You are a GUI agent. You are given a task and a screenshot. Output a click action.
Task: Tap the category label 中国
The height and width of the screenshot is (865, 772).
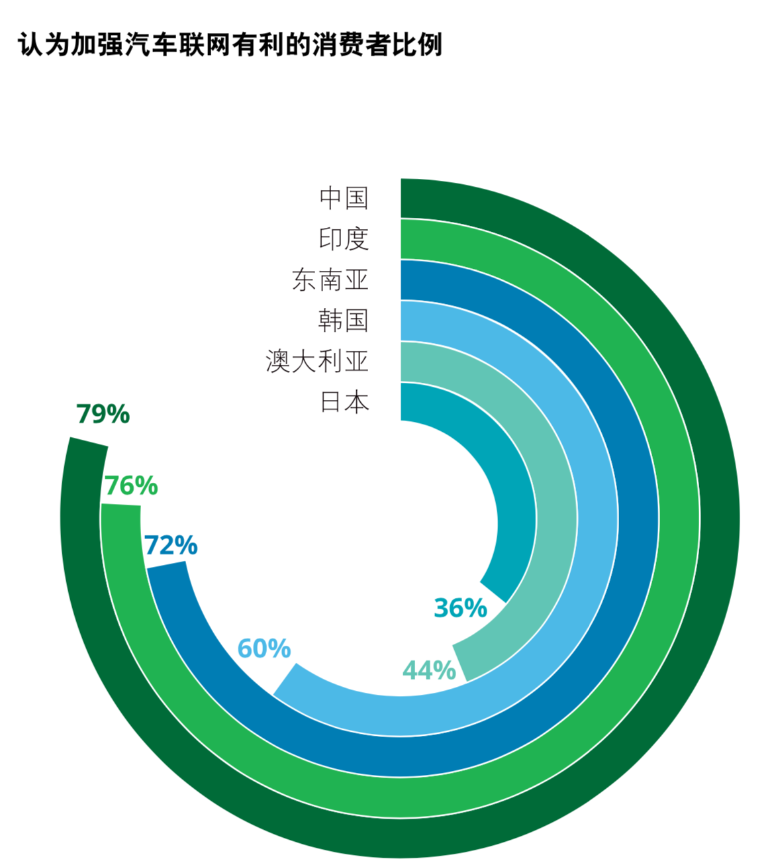[344, 198]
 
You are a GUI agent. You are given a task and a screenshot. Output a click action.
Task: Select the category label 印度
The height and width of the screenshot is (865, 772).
[344, 239]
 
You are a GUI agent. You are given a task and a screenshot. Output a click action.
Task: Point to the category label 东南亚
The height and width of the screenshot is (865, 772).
[330, 280]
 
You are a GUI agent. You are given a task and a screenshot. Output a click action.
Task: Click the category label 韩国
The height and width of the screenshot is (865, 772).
[344, 321]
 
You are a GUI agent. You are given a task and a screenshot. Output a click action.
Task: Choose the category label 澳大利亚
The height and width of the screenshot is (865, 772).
[316, 362]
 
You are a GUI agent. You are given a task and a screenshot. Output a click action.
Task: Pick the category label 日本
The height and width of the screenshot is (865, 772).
[344, 402]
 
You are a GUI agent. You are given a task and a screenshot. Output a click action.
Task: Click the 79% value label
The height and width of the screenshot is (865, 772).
[103, 414]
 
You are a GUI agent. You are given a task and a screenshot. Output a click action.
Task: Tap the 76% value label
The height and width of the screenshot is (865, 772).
[131, 485]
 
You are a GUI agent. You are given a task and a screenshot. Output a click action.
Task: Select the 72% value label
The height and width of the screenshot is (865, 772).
[171, 545]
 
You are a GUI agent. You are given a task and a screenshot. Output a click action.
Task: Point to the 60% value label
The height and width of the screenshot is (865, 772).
[264, 648]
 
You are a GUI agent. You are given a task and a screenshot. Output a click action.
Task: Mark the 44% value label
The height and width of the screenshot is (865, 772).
[429, 670]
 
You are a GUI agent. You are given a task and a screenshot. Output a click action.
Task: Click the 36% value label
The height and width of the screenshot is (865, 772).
[460, 607]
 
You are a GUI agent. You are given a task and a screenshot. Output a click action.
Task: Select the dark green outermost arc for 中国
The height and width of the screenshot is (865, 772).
[718, 517]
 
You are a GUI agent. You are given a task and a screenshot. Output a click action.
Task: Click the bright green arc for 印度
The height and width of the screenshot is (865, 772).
[679, 517]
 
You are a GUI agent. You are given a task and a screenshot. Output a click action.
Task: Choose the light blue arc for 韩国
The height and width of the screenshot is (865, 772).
[597, 517]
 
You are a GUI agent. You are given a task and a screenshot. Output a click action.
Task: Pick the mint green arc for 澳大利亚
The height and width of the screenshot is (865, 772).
[556, 517]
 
